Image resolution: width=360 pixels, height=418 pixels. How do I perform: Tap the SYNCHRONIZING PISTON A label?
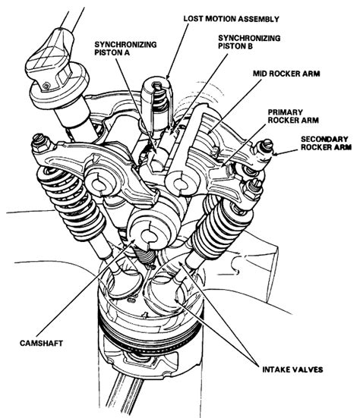click(125, 49)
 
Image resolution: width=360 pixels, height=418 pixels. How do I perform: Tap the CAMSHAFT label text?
click(36, 344)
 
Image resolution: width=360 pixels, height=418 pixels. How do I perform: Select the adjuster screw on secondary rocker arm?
click(267, 145)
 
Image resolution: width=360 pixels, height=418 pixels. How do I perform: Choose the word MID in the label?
click(262, 77)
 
